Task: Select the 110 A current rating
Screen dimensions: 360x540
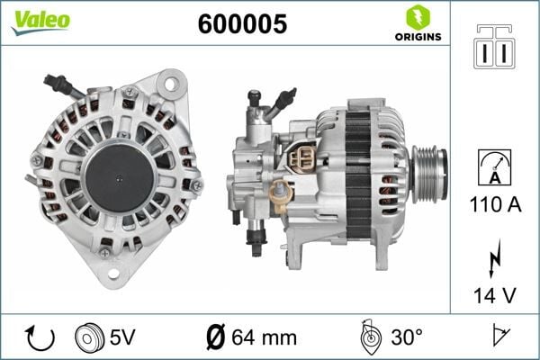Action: pyautogui.click(x=496, y=205)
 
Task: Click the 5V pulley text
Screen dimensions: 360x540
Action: pyautogui.click(x=122, y=337)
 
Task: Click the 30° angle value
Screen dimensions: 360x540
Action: pyautogui.click(x=406, y=338)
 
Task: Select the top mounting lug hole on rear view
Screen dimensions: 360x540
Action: pyautogui.click(x=169, y=83)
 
